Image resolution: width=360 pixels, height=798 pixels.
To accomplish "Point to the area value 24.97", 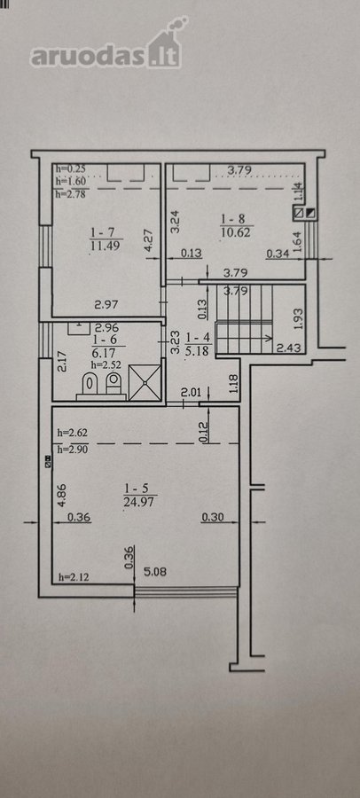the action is click(x=139, y=503).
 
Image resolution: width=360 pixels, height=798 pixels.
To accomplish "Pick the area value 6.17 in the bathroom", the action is click(x=101, y=352).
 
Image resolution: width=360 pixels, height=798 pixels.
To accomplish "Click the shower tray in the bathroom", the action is click(x=145, y=381).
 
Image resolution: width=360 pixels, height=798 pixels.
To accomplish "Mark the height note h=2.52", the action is click(x=104, y=364).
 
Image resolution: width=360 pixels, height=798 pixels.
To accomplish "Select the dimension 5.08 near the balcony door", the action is click(x=155, y=572).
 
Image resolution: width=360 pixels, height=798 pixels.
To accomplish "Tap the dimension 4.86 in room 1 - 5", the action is click(x=60, y=495).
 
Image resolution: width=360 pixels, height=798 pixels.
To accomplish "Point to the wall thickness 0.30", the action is click(x=212, y=518).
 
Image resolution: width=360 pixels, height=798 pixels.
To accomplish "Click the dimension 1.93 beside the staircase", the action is click(x=300, y=319).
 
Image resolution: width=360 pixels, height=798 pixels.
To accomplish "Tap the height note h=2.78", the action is click(x=70, y=193).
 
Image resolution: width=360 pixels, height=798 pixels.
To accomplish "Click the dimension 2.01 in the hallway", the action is click(x=191, y=393).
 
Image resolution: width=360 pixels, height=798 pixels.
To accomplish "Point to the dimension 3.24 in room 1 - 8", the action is click(x=176, y=222).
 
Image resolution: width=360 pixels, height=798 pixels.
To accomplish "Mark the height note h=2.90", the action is click(x=71, y=450).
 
